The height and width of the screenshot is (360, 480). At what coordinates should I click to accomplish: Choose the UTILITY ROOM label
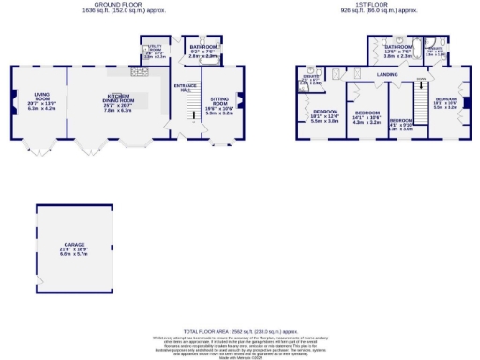[x=153, y=51]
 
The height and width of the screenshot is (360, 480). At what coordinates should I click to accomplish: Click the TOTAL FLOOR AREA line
[x=242, y=332]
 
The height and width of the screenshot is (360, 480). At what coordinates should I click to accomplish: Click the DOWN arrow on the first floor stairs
[x=421, y=86]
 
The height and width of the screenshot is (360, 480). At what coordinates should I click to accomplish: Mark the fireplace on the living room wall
[x=12, y=97]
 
